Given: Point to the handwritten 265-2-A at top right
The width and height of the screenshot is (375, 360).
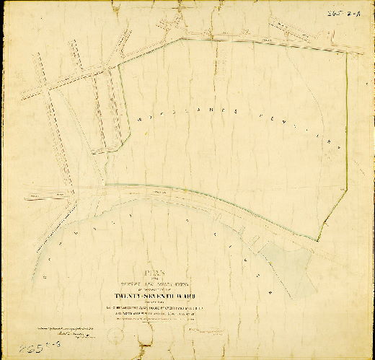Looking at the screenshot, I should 355,12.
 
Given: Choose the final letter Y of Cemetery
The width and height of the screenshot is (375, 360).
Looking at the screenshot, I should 334,144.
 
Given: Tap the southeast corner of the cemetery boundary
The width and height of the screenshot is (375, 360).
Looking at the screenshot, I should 318,241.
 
